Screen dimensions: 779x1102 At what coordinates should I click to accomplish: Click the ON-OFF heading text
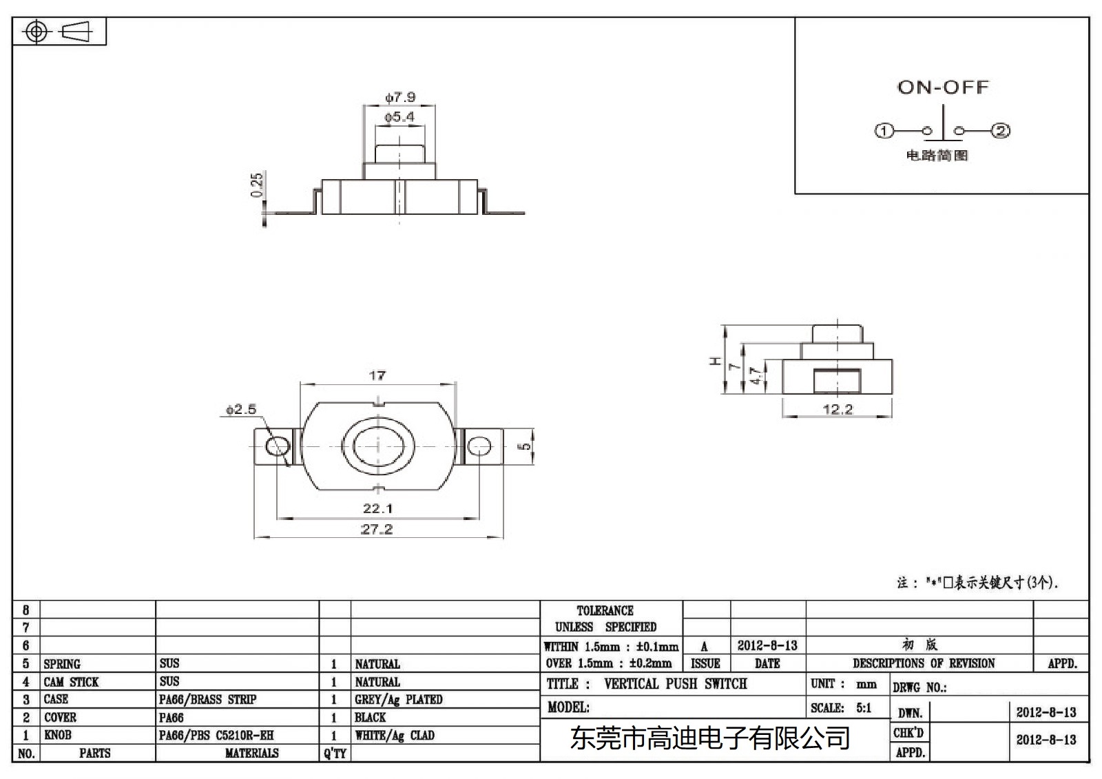coord(943,87)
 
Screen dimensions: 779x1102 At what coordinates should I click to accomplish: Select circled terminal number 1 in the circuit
coord(884,131)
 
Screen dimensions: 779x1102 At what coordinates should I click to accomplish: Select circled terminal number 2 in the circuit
coord(1000,131)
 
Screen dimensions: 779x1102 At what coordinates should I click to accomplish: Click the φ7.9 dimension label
coord(400,97)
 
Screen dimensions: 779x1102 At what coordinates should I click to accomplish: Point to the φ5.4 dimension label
coord(399,117)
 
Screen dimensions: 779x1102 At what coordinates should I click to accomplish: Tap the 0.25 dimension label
coord(257,185)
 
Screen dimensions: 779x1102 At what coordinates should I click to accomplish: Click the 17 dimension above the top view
coord(377,375)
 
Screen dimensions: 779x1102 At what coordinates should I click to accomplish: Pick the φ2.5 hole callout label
coord(240,409)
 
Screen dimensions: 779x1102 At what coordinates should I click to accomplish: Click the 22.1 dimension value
coord(377,508)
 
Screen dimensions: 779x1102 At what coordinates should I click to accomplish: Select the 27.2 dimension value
coord(377,529)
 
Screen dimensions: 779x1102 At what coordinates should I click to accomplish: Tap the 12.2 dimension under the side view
coord(838,409)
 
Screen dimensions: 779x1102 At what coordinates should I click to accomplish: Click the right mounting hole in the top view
coord(479,447)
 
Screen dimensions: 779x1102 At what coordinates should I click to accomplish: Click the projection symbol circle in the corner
coord(37,32)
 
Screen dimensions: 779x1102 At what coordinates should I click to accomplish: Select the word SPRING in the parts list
coord(62,664)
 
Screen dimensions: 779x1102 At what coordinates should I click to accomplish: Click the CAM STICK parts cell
coord(71,682)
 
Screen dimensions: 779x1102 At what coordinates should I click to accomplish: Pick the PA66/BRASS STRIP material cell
coord(207,700)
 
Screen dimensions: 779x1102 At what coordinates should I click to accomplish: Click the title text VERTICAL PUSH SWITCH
coord(675,684)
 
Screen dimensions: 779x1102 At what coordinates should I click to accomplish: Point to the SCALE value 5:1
coord(864,707)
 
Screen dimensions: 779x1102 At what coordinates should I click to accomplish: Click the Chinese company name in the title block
coord(709,739)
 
